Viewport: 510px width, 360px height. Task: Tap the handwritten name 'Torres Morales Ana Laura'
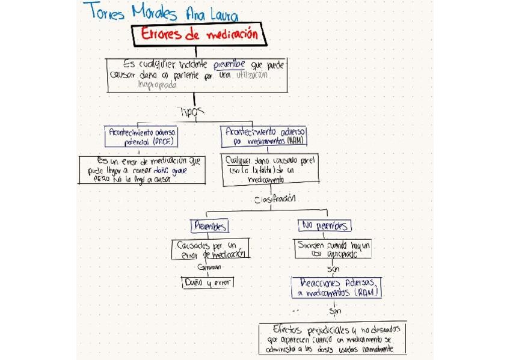[x=161, y=11]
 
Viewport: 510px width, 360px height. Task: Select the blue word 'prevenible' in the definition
[x=227, y=64]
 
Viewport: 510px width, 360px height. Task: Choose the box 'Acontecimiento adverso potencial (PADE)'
[x=143, y=137]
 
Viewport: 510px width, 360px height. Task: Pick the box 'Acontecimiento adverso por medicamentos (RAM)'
[x=265, y=136]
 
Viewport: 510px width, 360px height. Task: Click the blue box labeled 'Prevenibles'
[x=209, y=226]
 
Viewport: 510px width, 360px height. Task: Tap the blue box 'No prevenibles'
[x=325, y=226]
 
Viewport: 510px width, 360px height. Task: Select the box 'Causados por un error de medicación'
[x=210, y=249]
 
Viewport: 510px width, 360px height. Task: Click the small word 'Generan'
[x=209, y=267]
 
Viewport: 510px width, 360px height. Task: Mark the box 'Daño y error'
[x=207, y=282]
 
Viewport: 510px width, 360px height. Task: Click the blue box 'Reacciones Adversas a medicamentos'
[x=337, y=287]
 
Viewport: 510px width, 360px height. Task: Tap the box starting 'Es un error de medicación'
[x=142, y=169]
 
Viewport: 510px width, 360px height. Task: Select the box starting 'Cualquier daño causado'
[x=270, y=170]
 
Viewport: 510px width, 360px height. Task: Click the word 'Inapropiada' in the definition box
[x=158, y=85]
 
